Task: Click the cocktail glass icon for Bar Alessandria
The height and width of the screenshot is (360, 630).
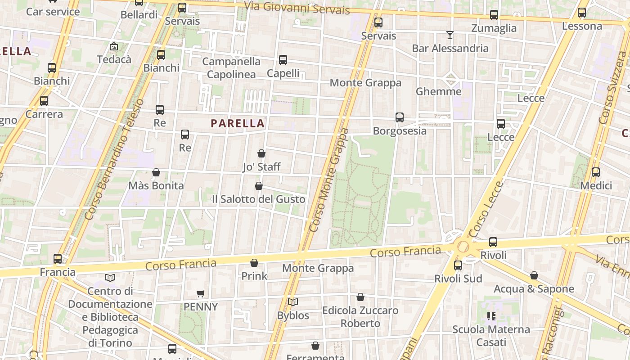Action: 450,35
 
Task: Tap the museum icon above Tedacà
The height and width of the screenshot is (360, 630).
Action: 114,46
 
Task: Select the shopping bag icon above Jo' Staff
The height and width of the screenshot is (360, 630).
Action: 261,153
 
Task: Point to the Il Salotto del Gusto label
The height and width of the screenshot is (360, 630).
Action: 259,199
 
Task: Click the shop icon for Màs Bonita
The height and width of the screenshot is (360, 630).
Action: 156,172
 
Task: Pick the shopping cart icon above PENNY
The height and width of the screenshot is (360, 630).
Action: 201,293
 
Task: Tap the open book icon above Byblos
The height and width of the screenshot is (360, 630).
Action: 293,302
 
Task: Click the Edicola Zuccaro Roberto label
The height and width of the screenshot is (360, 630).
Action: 360,317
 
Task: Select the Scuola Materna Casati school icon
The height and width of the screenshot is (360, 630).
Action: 491,316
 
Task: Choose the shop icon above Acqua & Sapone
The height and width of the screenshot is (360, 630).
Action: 534,275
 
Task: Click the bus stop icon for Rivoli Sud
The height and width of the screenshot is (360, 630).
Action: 458,265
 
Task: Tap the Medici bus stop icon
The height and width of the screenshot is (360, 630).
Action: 596,172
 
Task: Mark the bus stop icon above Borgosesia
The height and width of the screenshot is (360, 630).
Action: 400,117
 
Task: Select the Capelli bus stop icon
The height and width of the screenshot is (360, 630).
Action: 283,60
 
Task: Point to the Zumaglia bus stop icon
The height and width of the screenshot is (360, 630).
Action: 494,15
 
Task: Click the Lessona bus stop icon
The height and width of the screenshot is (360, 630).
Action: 582,13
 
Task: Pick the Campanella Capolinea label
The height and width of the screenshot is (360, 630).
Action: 231,68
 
